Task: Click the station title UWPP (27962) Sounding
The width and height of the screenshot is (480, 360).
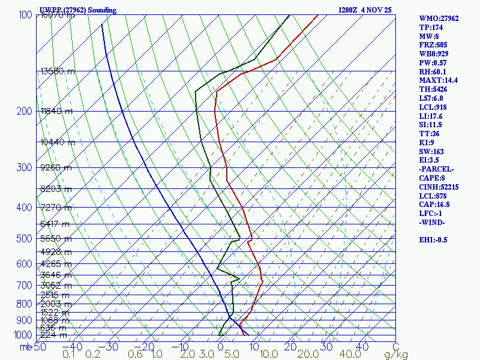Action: tap(78, 10)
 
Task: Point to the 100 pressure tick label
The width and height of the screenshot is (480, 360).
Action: tap(25, 15)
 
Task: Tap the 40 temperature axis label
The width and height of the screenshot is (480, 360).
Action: tap(362, 347)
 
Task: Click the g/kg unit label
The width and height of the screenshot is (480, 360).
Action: tap(396, 355)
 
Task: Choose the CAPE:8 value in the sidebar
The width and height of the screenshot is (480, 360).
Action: tap(431, 178)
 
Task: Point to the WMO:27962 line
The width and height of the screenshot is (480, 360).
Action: tap(439, 19)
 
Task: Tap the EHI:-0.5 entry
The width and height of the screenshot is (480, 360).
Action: tap(434, 240)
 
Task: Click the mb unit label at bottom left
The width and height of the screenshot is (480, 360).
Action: tap(25, 347)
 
